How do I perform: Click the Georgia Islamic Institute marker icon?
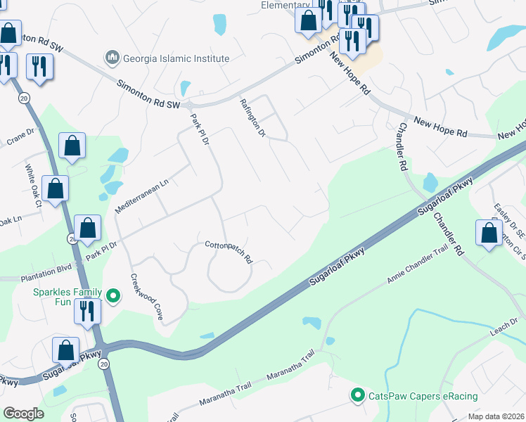[112, 57]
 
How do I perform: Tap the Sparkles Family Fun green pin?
[113, 295]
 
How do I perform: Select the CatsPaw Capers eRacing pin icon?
[358, 396]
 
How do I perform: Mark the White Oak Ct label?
[32, 187]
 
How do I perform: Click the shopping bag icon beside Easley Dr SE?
[489, 233]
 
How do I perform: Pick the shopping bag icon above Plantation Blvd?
[88, 228]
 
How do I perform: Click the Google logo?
[23, 414]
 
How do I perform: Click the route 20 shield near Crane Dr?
[24, 98]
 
